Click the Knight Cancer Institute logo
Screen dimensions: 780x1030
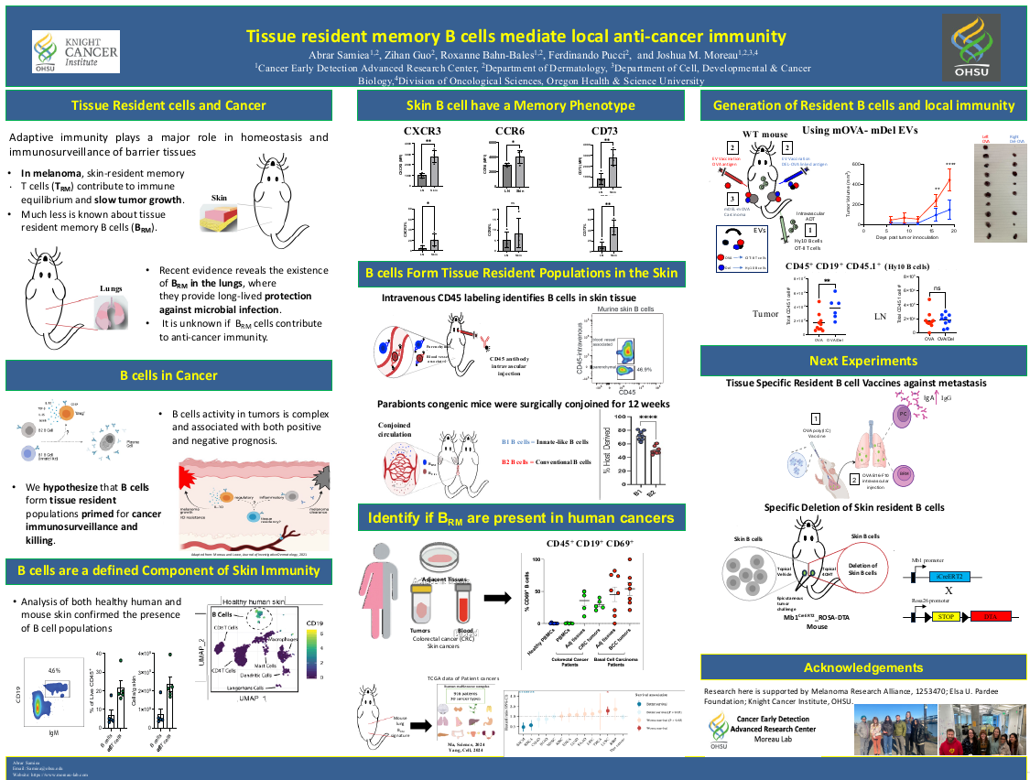(x=75, y=53)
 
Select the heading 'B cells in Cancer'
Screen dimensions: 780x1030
(x=168, y=375)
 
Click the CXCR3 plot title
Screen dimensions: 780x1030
(x=422, y=132)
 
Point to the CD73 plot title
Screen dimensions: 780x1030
(x=604, y=132)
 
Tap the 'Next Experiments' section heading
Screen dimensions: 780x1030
(x=863, y=361)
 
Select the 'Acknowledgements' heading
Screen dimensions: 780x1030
(x=863, y=667)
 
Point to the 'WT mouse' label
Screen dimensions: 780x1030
(x=764, y=134)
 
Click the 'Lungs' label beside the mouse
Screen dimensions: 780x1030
(x=112, y=288)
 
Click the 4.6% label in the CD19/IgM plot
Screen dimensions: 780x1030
(x=54, y=670)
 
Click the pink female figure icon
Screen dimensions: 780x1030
(x=387, y=586)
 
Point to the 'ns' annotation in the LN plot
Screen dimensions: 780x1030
(x=936, y=288)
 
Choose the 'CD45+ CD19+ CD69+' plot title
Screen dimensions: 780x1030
(x=590, y=544)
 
